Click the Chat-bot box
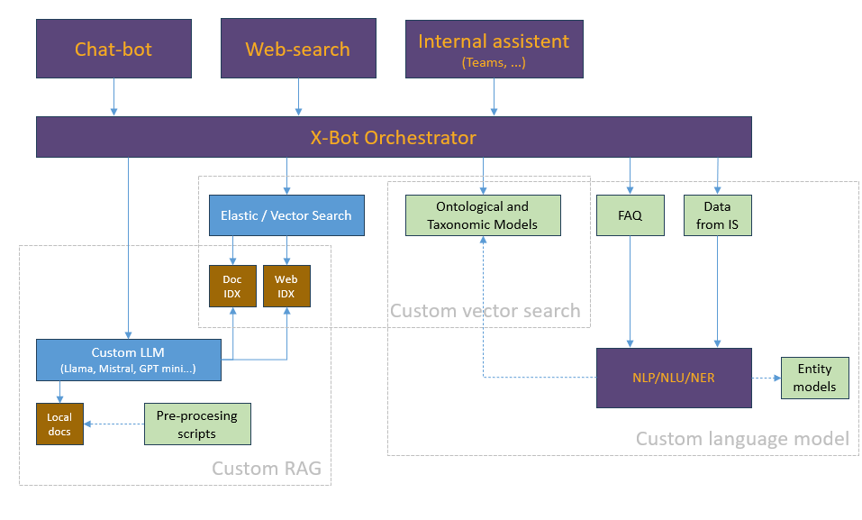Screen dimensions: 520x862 tap(113, 49)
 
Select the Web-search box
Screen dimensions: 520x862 tap(298, 49)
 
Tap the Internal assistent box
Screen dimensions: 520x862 tap(494, 49)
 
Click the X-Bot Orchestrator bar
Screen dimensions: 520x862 tap(394, 138)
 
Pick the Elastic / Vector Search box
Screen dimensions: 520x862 tap(286, 215)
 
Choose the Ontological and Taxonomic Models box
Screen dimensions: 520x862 tap(483, 215)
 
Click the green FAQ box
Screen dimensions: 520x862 tap(630, 215)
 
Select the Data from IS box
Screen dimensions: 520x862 tap(717, 215)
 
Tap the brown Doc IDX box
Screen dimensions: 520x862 tap(232, 286)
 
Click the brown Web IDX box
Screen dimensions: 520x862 tap(286, 286)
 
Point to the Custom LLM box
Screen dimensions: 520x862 tap(129, 360)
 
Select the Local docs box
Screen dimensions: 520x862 tap(59, 424)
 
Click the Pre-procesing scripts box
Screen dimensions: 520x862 tap(197, 424)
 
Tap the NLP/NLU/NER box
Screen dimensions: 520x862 tap(674, 378)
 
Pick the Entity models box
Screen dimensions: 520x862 tap(814, 378)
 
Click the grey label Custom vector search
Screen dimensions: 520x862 tap(485, 311)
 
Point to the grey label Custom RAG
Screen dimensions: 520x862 tap(266, 469)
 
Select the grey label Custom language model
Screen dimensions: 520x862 tap(742, 439)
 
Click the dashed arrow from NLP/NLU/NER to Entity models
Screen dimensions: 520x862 tap(767, 378)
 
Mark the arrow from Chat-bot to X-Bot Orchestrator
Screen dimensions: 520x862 tap(113, 96)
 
